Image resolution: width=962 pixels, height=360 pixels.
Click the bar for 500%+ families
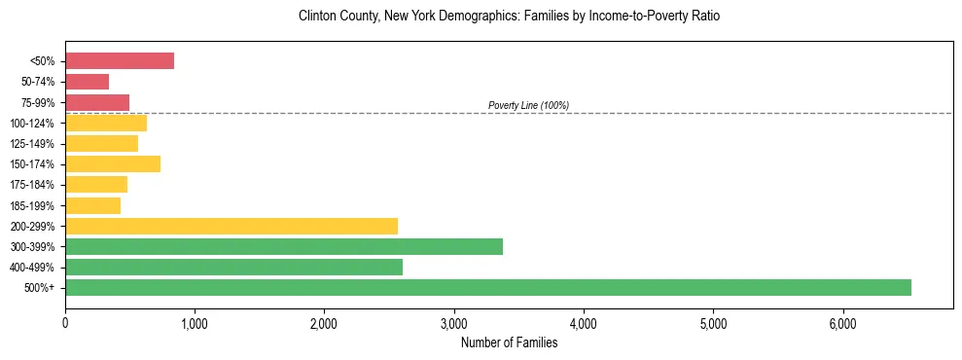[x=487, y=287]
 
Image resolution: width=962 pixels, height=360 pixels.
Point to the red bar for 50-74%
[x=87, y=82]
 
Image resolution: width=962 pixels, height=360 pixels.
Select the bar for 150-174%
[x=113, y=163]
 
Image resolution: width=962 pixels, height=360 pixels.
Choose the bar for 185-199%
[x=92, y=205]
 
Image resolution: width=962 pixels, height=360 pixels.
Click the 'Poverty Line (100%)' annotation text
[x=528, y=105]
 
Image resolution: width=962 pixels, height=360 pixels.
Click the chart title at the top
[x=510, y=17]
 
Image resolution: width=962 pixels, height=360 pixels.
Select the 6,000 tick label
[x=842, y=323]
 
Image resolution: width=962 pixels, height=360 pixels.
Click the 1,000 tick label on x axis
[x=195, y=323]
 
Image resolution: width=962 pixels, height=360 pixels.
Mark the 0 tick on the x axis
[x=65, y=323]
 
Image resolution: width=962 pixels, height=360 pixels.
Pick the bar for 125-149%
[x=101, y=143]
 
